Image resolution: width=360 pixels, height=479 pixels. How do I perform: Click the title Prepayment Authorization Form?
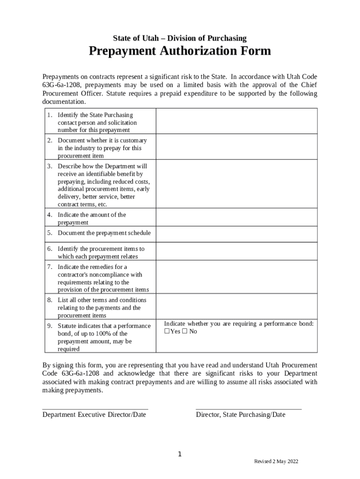(180, 51)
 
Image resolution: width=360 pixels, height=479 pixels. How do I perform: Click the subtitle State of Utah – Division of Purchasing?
(180, 38)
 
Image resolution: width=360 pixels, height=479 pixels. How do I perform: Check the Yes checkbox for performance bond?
(167, 332)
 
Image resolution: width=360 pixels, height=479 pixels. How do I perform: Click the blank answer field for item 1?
(236, 122)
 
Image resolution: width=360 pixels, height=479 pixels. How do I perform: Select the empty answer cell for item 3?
(236, 185)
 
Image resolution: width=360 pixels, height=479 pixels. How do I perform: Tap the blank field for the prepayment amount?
(236, 218)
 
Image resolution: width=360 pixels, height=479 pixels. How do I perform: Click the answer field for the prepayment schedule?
(236, 233)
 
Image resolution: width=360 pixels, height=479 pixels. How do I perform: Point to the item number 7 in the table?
(49, 267)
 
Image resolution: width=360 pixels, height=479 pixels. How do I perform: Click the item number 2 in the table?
(49, 140)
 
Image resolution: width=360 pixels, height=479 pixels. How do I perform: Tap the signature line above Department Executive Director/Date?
(95, 409)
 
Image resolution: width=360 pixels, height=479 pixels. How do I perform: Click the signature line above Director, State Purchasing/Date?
(248, 409)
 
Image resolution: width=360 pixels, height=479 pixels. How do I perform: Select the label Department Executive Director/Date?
(94, 414)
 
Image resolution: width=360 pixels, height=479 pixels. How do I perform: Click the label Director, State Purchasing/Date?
(240, 414)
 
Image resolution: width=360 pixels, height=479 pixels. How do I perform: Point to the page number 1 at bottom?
(180, 454)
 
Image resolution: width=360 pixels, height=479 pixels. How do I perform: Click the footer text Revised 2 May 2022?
(276, 462)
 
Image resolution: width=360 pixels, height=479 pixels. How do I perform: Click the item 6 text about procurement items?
(101, 253)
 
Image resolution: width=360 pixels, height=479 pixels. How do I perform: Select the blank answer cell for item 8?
(236, 308)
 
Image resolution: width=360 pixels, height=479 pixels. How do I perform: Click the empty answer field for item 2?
(236, 148)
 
